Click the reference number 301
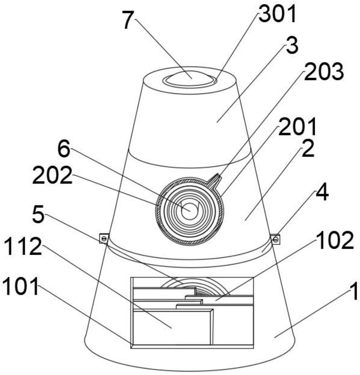(277, 14)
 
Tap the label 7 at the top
(127, 20)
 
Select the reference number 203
(324, 71)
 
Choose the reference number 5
(38, 214)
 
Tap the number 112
(23, 246)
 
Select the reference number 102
(335, 240)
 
